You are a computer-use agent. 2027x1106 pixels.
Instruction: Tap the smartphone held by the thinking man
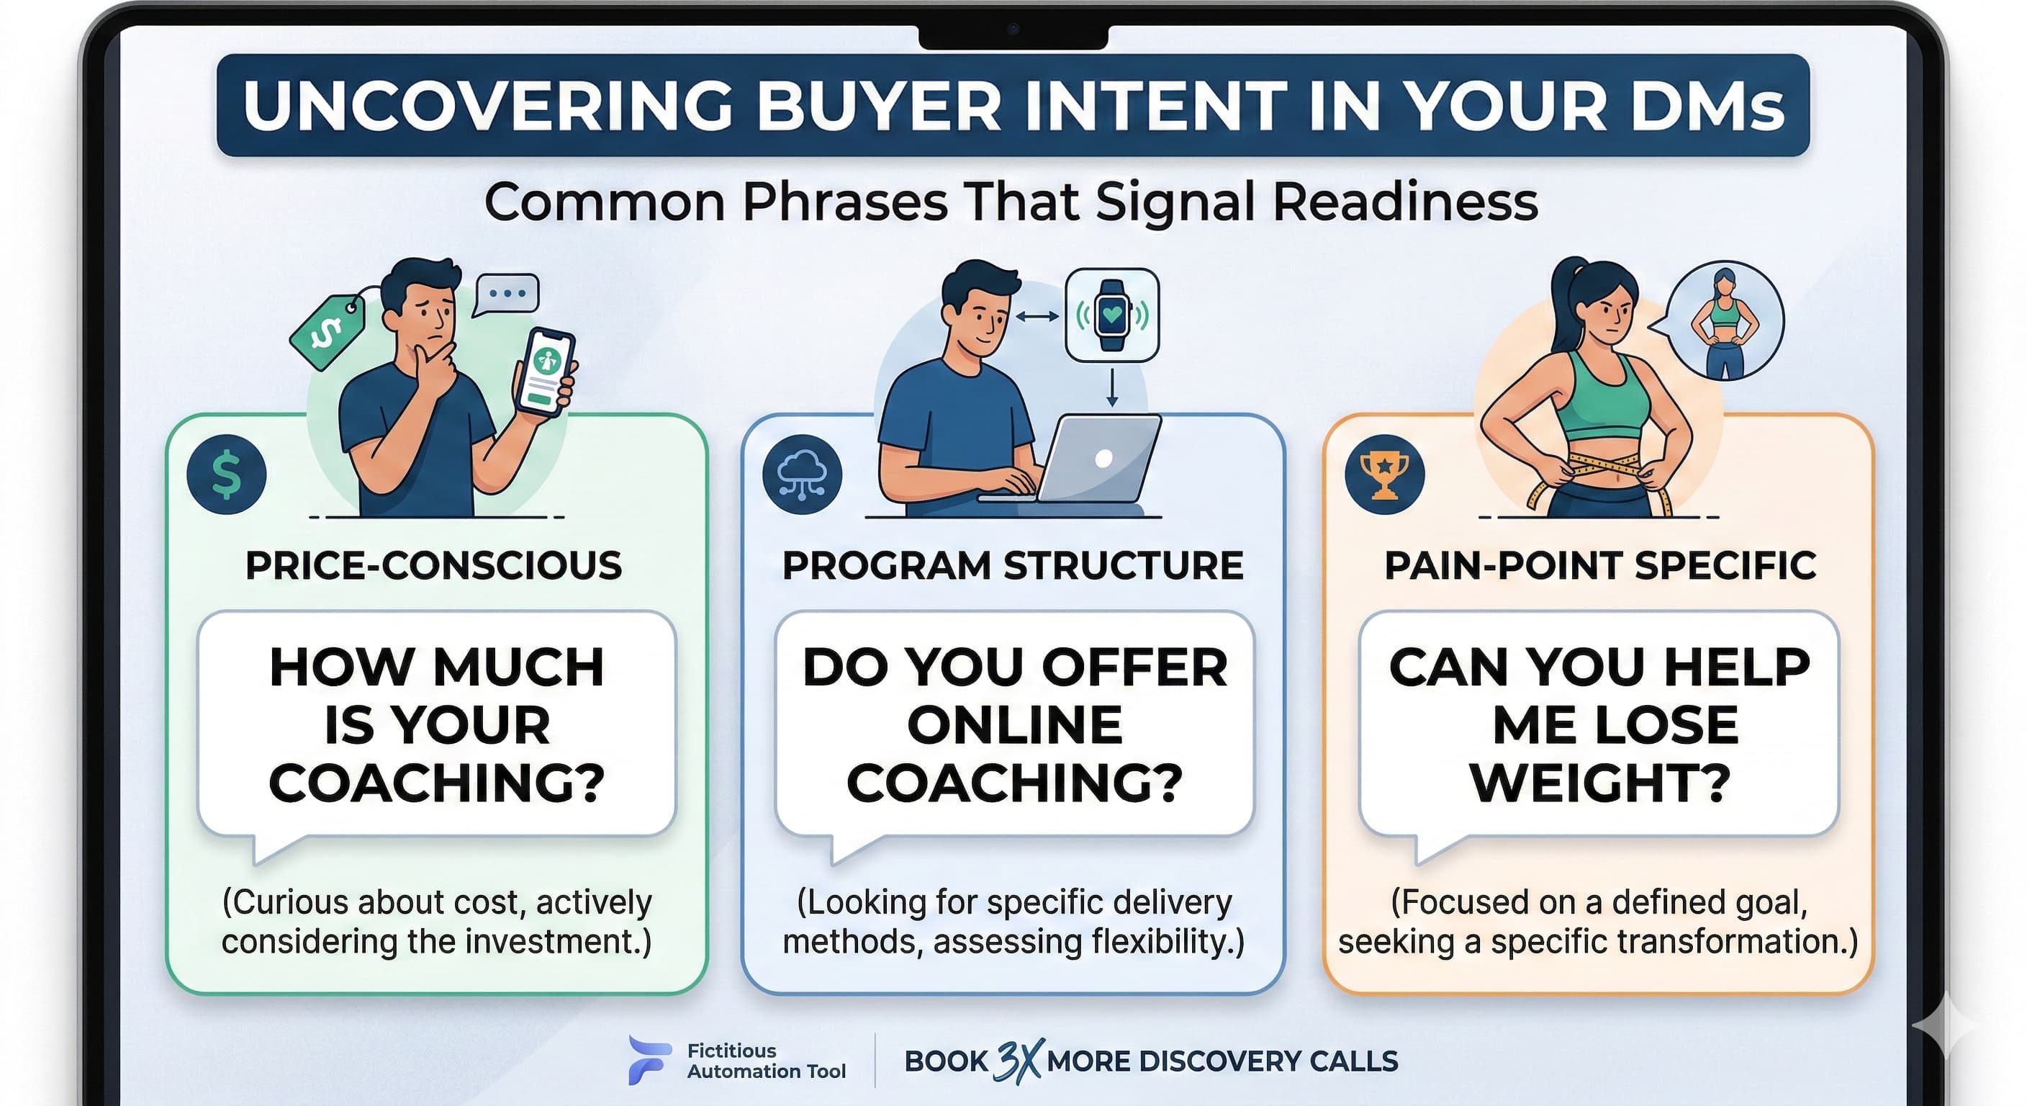[544, 372]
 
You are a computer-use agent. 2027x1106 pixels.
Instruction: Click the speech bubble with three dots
[506, 295]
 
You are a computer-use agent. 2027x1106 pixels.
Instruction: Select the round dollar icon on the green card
[227, 475]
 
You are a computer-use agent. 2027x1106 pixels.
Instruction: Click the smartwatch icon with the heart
[1112, 315]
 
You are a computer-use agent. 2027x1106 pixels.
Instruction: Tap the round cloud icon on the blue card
[802, 475]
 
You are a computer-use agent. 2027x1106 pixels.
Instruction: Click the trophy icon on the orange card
[1385, 475]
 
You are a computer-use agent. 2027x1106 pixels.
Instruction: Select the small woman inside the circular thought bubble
[1725, 323]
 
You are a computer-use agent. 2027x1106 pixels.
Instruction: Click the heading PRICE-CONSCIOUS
[433, 565]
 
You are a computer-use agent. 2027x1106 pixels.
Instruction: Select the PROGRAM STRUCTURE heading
[1013, 565]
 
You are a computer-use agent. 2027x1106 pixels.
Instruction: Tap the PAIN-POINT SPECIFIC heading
[1601, 565]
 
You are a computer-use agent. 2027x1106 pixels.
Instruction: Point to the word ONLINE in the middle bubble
[1014, 724]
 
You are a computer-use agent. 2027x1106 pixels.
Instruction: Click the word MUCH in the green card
[518, 667]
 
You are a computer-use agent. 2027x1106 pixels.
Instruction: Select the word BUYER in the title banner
[879, 105]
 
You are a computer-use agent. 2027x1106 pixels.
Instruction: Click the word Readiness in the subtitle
[1405, 202]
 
